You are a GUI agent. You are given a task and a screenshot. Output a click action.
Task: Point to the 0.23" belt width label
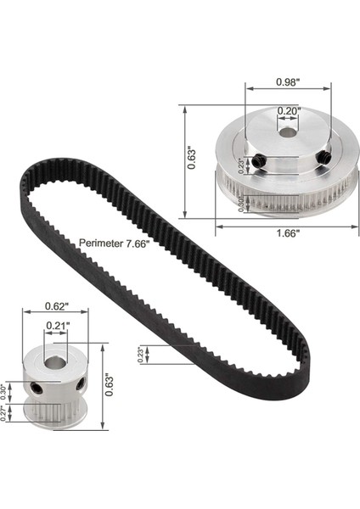[x=141, y=353]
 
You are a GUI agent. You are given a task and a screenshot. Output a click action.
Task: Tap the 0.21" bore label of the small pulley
[x=58, y=324]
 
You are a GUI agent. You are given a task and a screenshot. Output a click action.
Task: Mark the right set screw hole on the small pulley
[x=81, y=383]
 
